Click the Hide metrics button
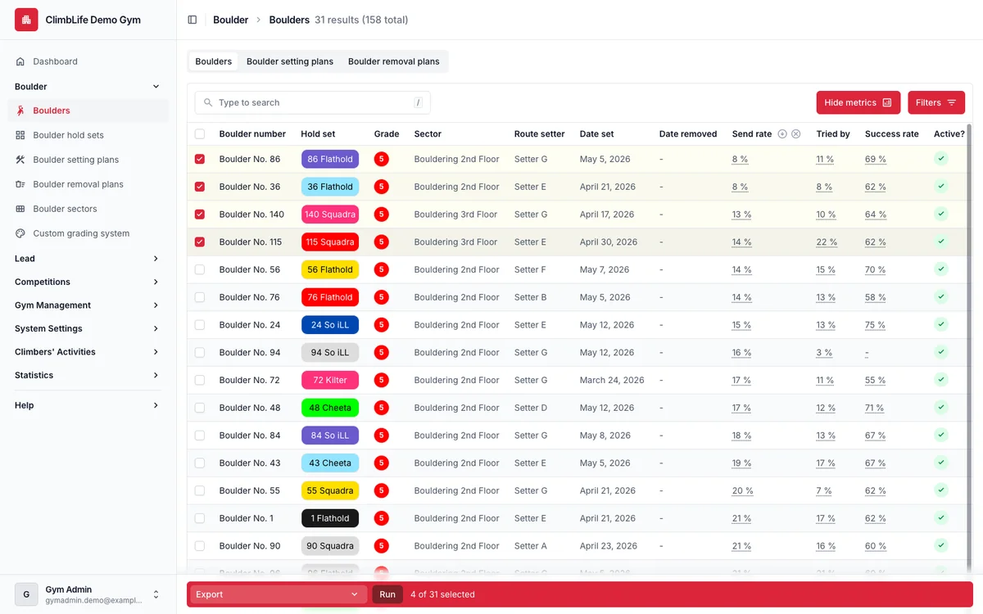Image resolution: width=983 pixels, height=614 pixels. tap(858, 102)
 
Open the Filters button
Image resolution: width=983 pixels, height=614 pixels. tap(936, 102)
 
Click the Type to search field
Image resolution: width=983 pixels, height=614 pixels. tap(312, 102)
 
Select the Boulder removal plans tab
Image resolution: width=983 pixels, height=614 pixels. tap(394, 61)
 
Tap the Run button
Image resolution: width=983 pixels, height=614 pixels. tap(387, 594)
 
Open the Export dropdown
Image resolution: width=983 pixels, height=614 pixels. tap(277, 594)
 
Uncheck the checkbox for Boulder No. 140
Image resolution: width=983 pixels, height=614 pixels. tap(200, 214)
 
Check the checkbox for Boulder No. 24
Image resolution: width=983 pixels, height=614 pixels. tap(200, 324)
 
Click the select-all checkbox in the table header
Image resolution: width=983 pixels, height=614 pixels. tap(200, 133)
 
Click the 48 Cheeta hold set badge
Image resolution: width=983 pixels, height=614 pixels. tap(330, 408)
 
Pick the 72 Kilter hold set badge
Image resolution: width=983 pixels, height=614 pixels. tap(330, 380)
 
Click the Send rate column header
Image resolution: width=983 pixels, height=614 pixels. tap(752, 133)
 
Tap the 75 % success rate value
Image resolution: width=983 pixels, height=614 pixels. tap(875, 325)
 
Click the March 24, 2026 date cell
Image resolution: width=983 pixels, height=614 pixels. tap(612, 380)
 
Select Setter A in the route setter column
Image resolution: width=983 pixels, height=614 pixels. tap(531, 545)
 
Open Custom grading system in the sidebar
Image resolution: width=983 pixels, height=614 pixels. tap(81, 233)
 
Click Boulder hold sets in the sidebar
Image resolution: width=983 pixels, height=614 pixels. tap(69, 135)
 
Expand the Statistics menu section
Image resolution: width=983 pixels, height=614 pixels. tap(87, 375)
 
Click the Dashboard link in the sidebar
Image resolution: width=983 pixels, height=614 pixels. tap(56, 61)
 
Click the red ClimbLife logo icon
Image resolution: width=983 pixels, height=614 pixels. tap(26, 20)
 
